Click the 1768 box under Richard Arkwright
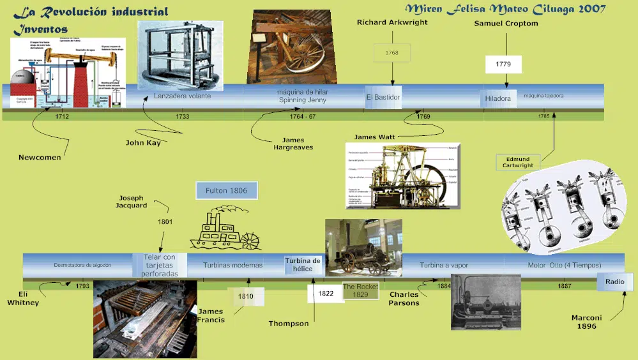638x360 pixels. click(392, 53)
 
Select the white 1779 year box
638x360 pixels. click(503, 64)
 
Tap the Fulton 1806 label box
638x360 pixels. click(226, 190)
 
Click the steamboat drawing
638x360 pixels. click(226, 230)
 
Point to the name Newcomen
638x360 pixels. click(40, 157)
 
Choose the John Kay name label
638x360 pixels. click(143, 143)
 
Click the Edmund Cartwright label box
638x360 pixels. click(517, 161)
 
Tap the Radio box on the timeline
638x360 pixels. click(615, 281)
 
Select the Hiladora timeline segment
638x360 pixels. click(498, 98)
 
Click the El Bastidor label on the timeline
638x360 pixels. click(383, 97)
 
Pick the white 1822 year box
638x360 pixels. click(326, 294)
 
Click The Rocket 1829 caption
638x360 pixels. click(360, 290)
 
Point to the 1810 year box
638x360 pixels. click(246, 296)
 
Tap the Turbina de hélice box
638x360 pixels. click(303, 264)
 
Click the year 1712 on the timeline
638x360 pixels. click(62, 117)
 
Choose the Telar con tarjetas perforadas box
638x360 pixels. click(160, 265)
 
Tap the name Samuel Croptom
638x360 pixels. click(506, 24)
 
